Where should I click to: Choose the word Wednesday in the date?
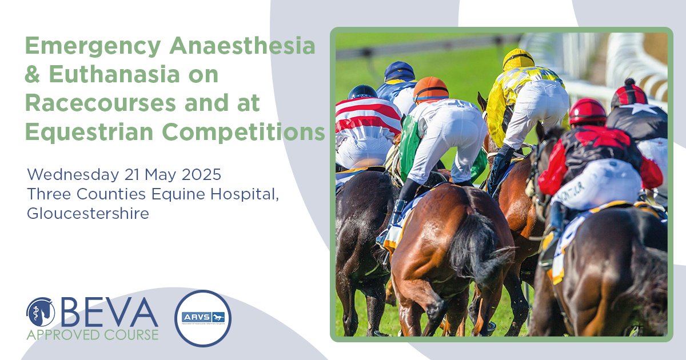pos(62,173)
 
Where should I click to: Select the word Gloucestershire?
pos(88,213)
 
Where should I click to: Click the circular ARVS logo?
pos(203,318)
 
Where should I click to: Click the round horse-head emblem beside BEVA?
pos(41,312)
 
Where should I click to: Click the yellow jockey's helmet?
pos(518,59)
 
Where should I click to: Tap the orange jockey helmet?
pos(430,89)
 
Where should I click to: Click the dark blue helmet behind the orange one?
pos(399,71)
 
